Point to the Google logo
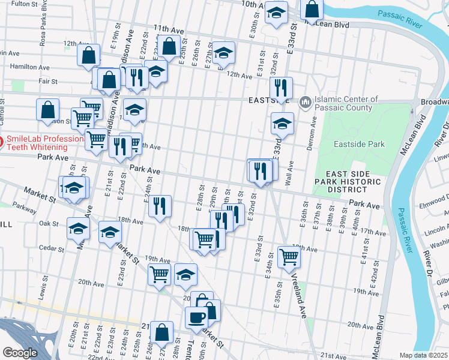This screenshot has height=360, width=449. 20,353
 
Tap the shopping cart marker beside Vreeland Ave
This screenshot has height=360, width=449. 289,256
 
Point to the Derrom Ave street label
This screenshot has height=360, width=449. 312,130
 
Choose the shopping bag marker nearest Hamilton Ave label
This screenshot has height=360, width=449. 89,55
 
